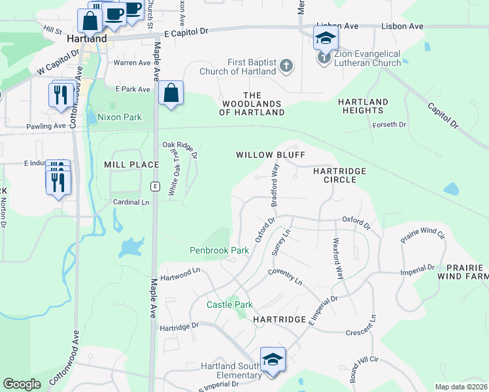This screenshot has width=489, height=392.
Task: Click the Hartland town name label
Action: (x=87, y=39)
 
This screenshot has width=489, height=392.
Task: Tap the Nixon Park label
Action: (x=114, y=118)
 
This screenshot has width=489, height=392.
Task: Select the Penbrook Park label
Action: (x=220, y=250)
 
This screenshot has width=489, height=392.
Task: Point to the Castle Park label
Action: (x=229, y=304)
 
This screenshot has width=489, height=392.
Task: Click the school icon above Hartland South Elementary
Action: (x=273, y=359)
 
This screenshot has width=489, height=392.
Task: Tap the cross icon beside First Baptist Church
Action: (x=286, y=65)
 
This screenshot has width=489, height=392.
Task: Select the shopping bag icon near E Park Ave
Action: (x=171, y=93)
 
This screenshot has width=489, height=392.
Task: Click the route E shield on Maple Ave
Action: (x=155, y=186)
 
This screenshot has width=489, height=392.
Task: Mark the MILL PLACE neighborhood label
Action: (x=131, y=165)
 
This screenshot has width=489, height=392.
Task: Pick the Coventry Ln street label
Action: (x=284, y=276)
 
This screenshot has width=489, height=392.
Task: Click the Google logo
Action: (x=22, y=384)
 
